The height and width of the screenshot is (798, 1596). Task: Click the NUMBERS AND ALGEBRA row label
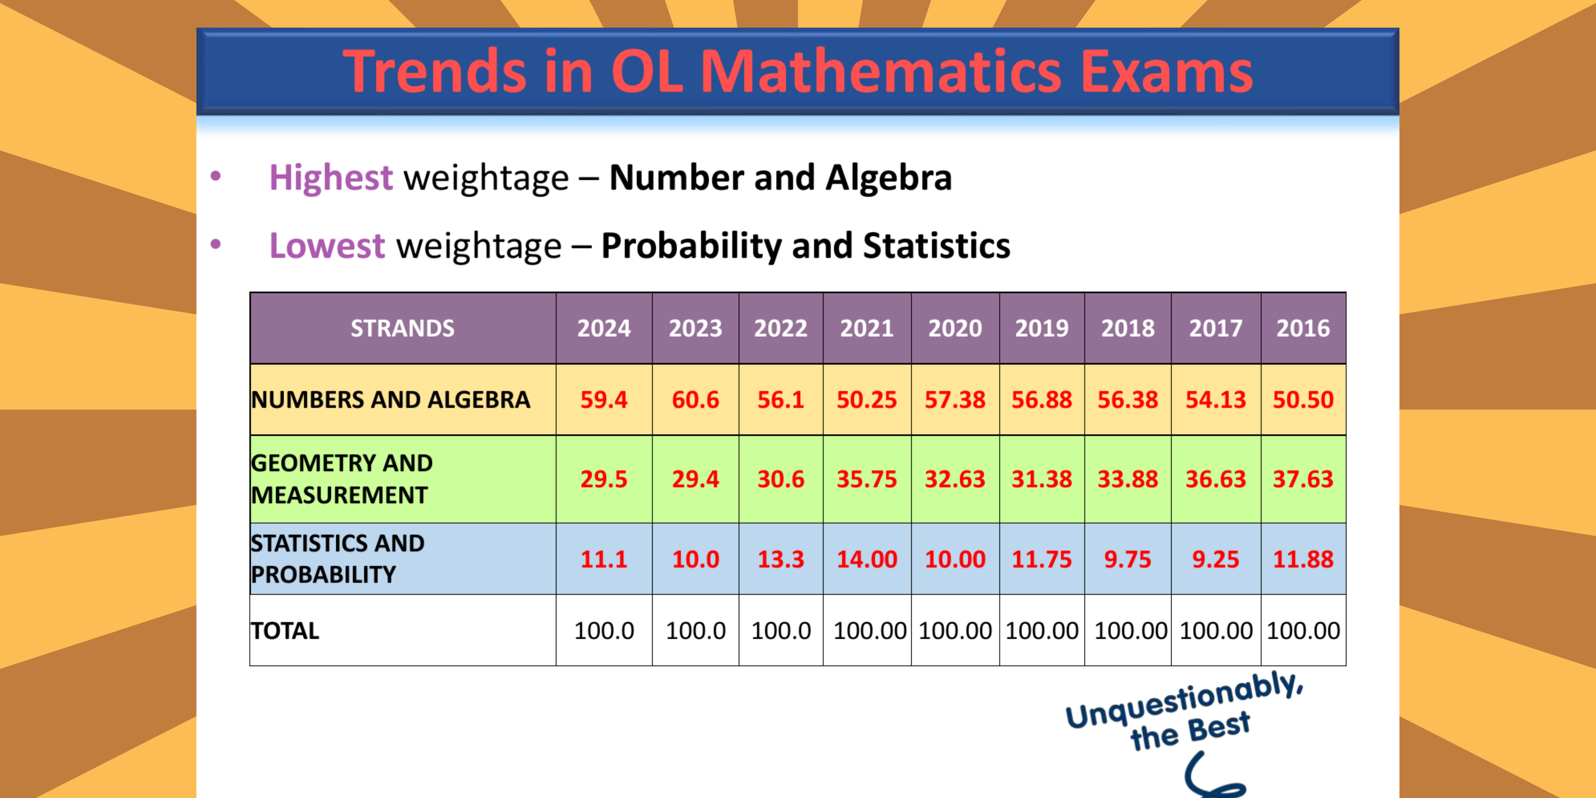(x=390, y=400)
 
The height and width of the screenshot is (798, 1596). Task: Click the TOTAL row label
(x=285, y=631)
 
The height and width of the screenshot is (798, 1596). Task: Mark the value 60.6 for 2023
(x=695, y=400)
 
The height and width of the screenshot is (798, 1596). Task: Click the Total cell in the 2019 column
(x=1041, y=631)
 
